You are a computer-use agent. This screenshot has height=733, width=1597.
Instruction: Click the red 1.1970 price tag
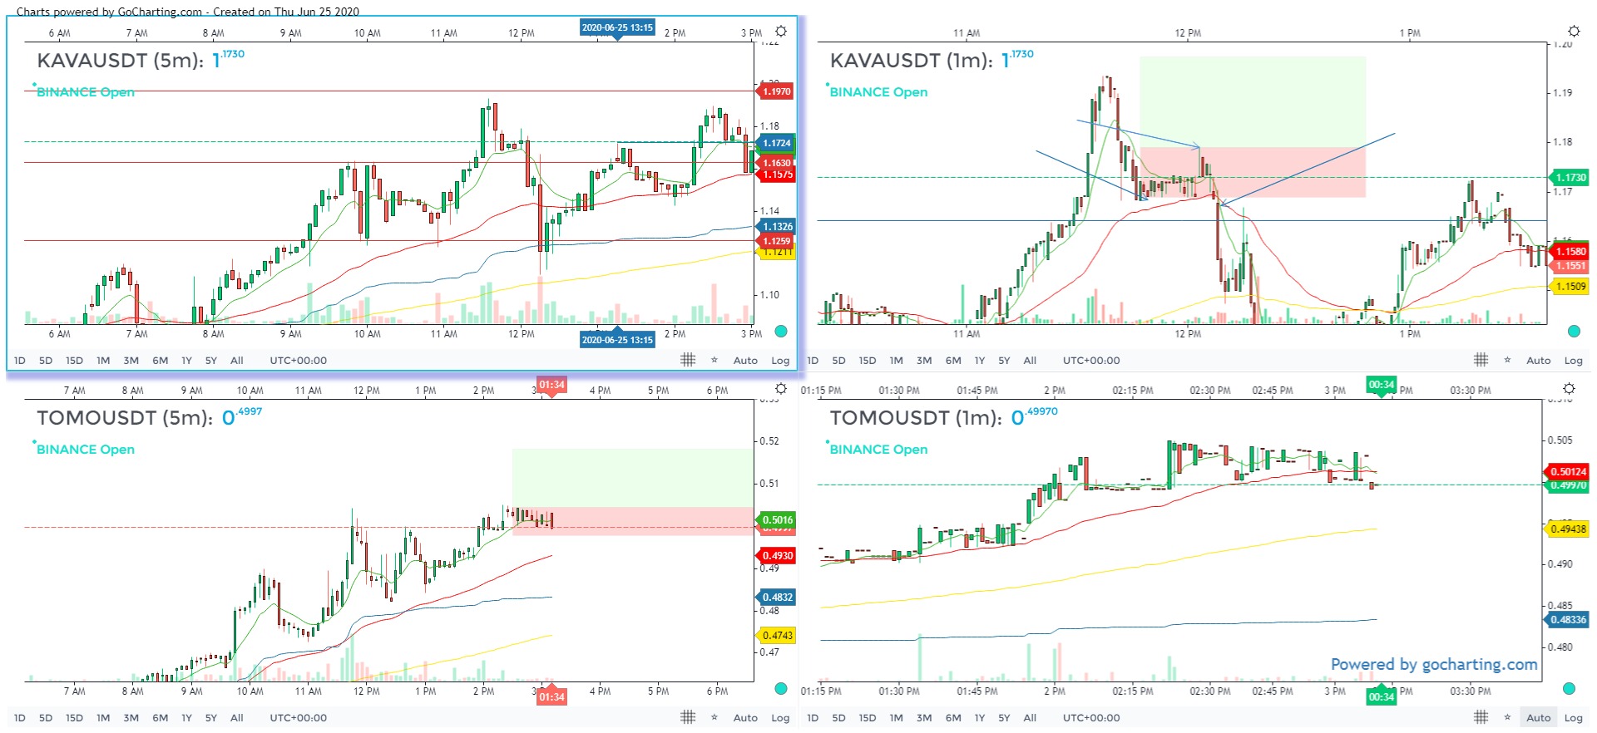tap(777, 91)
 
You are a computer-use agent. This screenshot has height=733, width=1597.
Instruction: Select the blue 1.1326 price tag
tap(777, 226)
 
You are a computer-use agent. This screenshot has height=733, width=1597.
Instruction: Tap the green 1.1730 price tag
tap(1570, 177)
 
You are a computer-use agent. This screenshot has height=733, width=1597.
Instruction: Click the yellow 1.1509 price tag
tap(1570, 286)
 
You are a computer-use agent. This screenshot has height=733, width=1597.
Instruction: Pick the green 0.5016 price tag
tap(777, 519)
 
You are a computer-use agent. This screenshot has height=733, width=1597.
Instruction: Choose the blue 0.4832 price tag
tap(777, 597)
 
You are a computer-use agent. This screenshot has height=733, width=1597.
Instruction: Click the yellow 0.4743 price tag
tap(777, 635)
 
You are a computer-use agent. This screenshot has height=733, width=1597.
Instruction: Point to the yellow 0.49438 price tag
tap(1568, 529)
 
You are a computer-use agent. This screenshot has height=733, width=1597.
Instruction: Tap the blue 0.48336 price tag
tap(1568, 619)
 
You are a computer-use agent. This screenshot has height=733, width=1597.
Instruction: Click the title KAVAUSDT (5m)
tap(120, 61)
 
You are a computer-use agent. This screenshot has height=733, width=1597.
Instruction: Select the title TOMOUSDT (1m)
tap(915, 418)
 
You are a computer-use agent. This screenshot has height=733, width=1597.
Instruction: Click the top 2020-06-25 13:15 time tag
tap(617, 27)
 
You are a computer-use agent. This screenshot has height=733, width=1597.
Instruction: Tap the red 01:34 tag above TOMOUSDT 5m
tap(551, 385)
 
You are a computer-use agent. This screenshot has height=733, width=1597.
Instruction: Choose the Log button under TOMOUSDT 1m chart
tap(1573, 718)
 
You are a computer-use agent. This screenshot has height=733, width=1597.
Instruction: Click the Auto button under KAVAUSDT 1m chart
tap(1538, 361)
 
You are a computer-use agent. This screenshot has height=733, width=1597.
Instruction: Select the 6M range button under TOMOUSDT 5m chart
tap(160, 718)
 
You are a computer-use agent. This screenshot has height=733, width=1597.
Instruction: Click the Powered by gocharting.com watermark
tap(1433, 664)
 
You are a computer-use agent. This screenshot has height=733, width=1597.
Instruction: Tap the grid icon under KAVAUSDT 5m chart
tap(688, 360)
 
